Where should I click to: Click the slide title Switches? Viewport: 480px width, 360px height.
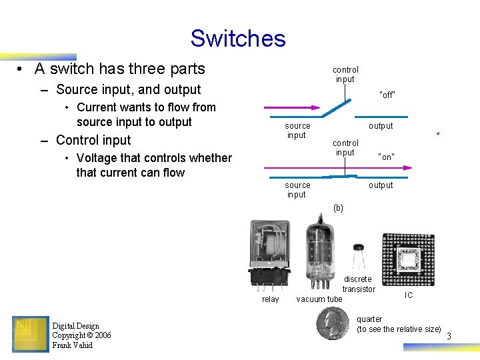point(238,38)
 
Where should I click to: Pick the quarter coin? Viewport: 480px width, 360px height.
point(333,323)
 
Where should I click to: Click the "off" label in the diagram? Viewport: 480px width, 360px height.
point(387,95)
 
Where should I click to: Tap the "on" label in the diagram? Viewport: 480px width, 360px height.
point(386,157)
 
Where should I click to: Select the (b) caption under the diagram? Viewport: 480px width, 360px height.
point(338,208)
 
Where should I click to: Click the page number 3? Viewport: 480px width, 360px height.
point(449,337)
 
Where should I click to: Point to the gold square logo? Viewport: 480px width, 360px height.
point(30,334)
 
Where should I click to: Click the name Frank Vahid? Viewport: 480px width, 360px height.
point(73,345)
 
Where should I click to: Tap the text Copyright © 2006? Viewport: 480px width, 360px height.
point(81,335)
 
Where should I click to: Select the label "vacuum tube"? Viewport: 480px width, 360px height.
point(319,299)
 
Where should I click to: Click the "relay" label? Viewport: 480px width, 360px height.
point(270,299)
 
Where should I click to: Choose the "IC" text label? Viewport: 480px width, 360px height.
point(409,295)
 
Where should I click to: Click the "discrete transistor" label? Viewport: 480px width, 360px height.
point(359,284)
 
